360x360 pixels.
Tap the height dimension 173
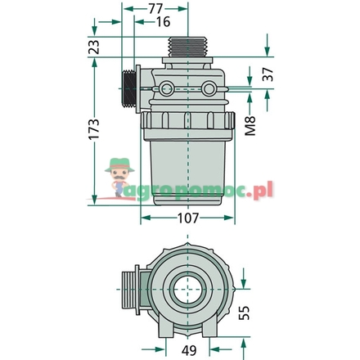(95, 129)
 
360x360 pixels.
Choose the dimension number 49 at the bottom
(188, 349)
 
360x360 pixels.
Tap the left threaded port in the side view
(128, 88)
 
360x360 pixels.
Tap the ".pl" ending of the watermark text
(263, 191)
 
